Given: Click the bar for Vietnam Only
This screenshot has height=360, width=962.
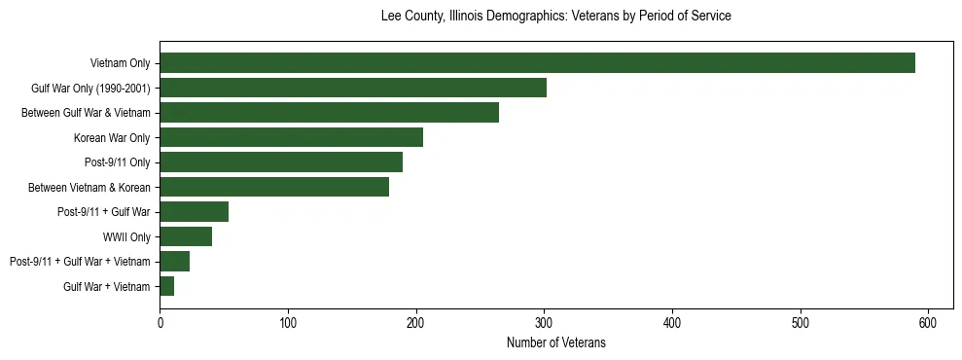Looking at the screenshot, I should tap(537, 63).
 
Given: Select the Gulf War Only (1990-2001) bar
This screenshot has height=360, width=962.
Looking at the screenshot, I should tap(353, 89).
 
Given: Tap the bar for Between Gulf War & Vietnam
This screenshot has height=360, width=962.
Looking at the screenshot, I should tap(329, 113).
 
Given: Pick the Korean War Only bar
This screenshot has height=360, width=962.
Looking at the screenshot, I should tap(291, 137).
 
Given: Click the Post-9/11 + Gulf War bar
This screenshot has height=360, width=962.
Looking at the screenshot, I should tap(194, 212).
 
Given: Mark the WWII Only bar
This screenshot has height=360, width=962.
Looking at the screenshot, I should tap(186, 236).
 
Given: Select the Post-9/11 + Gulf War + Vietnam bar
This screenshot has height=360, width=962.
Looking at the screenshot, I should tap(174, 261).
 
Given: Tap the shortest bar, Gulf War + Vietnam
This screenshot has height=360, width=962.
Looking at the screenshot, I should tap(167, 286).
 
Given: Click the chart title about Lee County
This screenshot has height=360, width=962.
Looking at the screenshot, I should tap(555, 17).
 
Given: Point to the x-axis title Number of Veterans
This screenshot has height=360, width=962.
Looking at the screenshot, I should tap(555, 342).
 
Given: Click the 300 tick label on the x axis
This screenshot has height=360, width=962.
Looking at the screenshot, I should tap(544, 322).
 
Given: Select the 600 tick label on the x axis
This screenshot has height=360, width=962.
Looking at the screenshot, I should tap(928, 322).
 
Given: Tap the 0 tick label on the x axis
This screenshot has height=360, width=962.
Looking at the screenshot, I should tap(160, 322).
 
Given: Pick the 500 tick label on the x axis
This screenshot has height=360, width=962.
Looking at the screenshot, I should tap(801, 322).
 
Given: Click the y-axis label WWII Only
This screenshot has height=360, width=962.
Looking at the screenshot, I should tap(126, 236).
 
